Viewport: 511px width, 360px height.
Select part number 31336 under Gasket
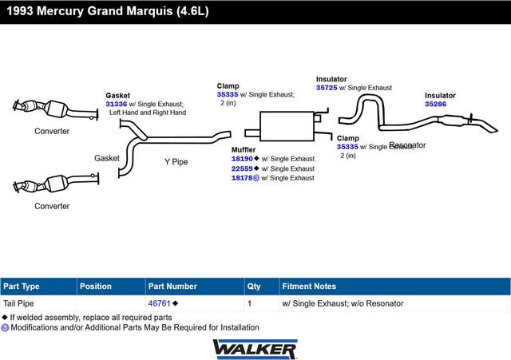(x=117, y=104)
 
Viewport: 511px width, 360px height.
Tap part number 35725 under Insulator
(x=327, y=88)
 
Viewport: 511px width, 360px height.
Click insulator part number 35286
(x=435, y=104)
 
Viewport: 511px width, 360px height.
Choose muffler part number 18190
(x=242, y=159)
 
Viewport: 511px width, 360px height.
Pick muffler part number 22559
(x=242, y=168)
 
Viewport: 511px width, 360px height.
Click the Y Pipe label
(x=176, y=161)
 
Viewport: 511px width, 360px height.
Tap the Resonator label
(x=407, y=145)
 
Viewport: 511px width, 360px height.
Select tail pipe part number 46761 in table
(x=159, y=303)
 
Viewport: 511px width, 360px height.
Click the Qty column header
(x=254, y=287)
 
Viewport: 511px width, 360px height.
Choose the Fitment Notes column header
(x=309, y=287)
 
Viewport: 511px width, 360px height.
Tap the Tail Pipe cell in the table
(x=21, y=303)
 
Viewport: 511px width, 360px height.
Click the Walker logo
(x=255, y=349)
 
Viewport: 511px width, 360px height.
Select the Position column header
(x=96, y=287)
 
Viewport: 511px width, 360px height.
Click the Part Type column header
(x=22, y=287)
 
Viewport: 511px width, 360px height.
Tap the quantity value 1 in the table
(x=250, y=303)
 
